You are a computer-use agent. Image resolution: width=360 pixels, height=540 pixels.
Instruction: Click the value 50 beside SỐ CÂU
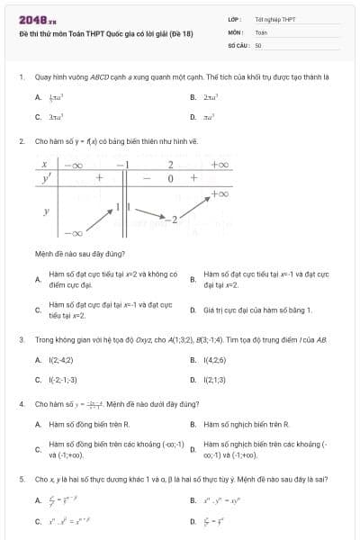click(x=258, y=44)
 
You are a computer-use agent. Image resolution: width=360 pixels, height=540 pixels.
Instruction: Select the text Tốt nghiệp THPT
click(x=274, y=18)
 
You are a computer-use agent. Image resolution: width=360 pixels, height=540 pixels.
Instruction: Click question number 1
click(x=21, y=77)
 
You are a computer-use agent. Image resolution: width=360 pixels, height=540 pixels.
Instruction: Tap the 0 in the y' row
click(x=170, y=178)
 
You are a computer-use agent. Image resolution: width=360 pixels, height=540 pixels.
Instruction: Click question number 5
click(x=21, y=481)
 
